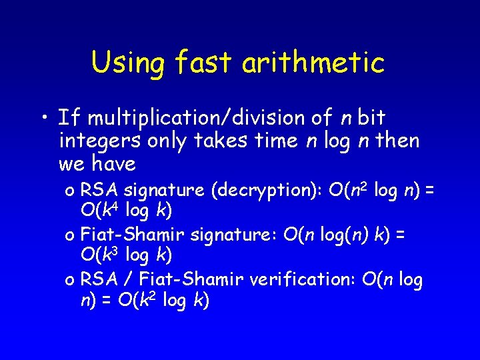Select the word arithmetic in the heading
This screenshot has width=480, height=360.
[313, 63]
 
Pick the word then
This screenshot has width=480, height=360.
[397, 141]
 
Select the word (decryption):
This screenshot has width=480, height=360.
[267, 191]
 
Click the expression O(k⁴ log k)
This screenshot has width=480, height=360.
[125, 211]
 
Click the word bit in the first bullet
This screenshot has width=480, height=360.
[371, 119]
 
